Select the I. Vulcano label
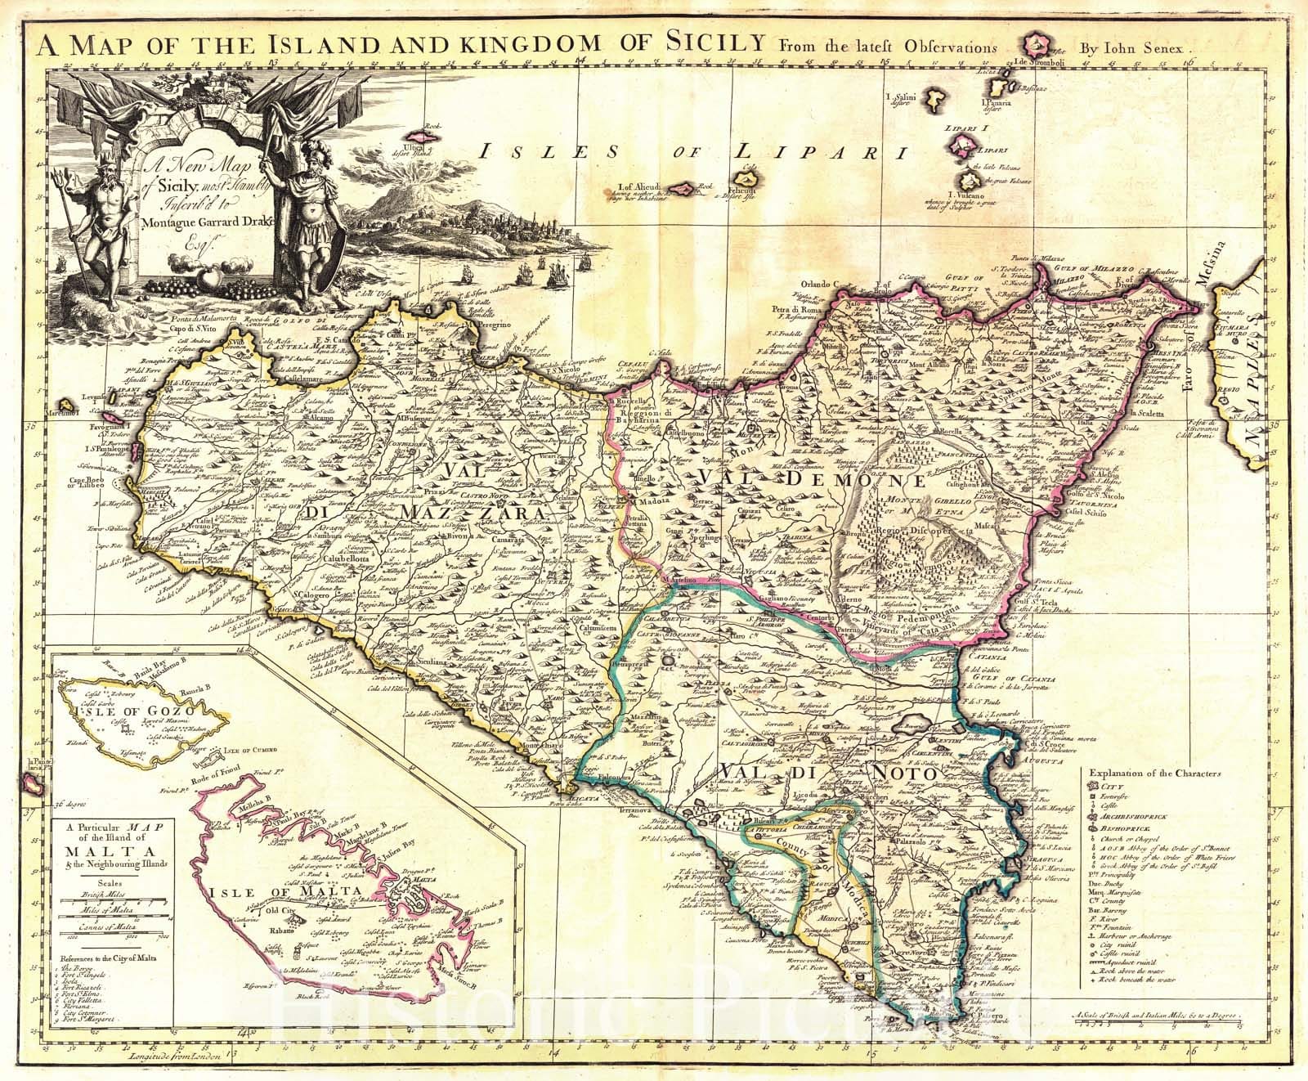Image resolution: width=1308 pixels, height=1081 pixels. pyautogui.click(x=965, y=195)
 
